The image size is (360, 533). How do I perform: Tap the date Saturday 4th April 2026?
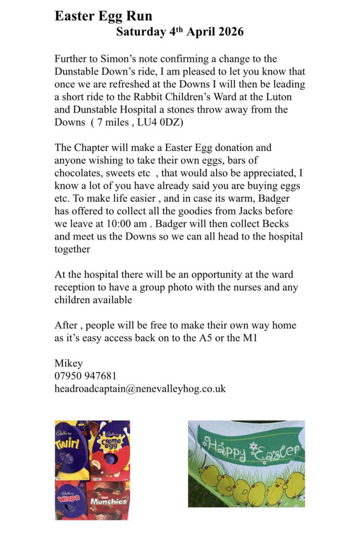pyautogui.click(x=179, y=32)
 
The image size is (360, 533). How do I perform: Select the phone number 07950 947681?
pyautogui.click(x=85, y=376)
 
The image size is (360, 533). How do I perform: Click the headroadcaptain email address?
pyautogui.click(x=140, y=388)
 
